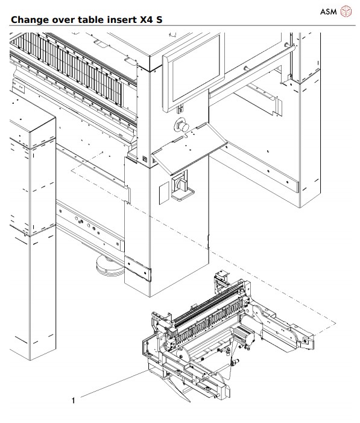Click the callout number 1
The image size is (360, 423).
74,399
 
